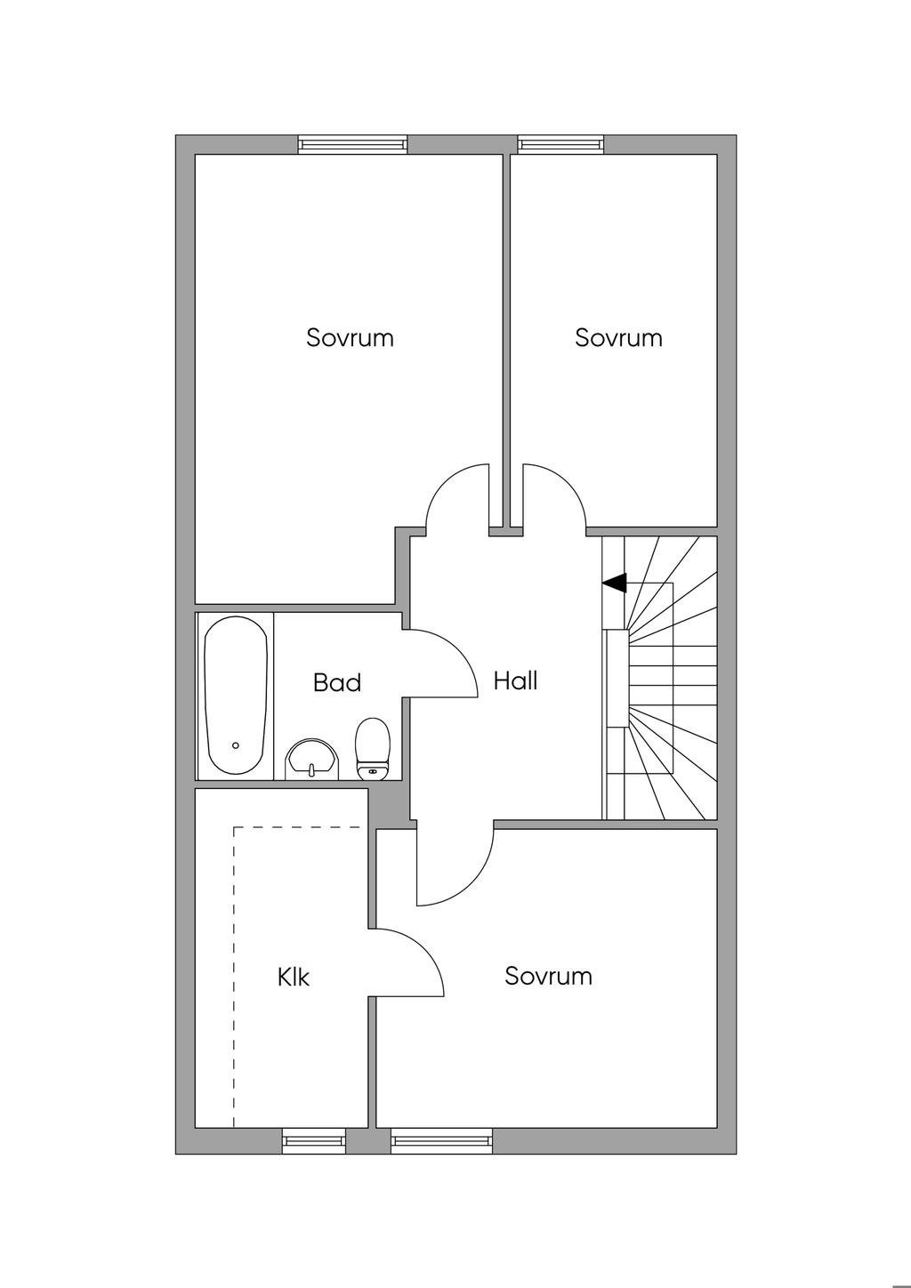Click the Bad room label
tap(337, 682)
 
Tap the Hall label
tap(516, 681)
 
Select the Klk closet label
tap(294, 977)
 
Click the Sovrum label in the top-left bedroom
tap(350, 338)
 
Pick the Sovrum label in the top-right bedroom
tap(618, 338)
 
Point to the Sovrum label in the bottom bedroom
tap(548, 976)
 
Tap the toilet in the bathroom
tap(373, 749)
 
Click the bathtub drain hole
tap(236, 745)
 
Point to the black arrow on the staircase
tap(615, 583)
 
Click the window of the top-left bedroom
tap(352, 144)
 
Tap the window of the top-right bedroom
tap(560, 144)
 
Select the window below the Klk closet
tap(313, 1140)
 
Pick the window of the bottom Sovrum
tap(441, 1140)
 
